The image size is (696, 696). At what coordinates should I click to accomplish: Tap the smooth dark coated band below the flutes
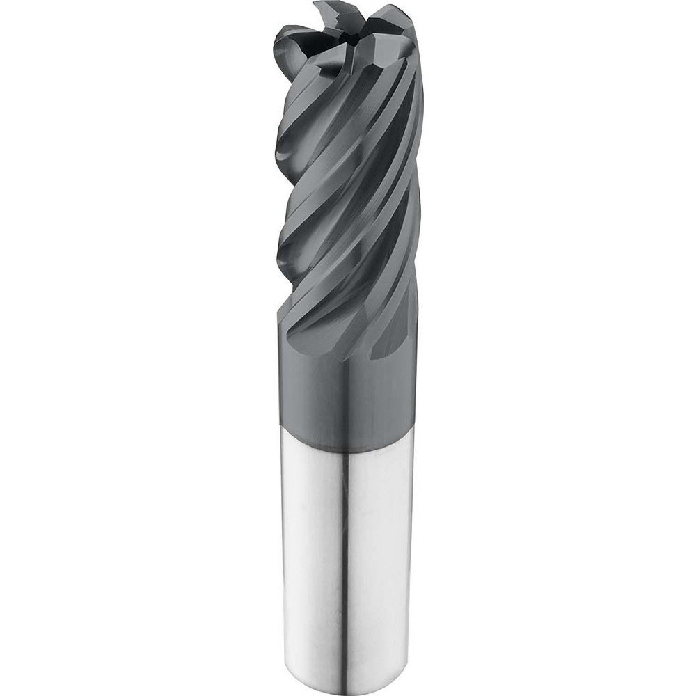click(x=348, y=390)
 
